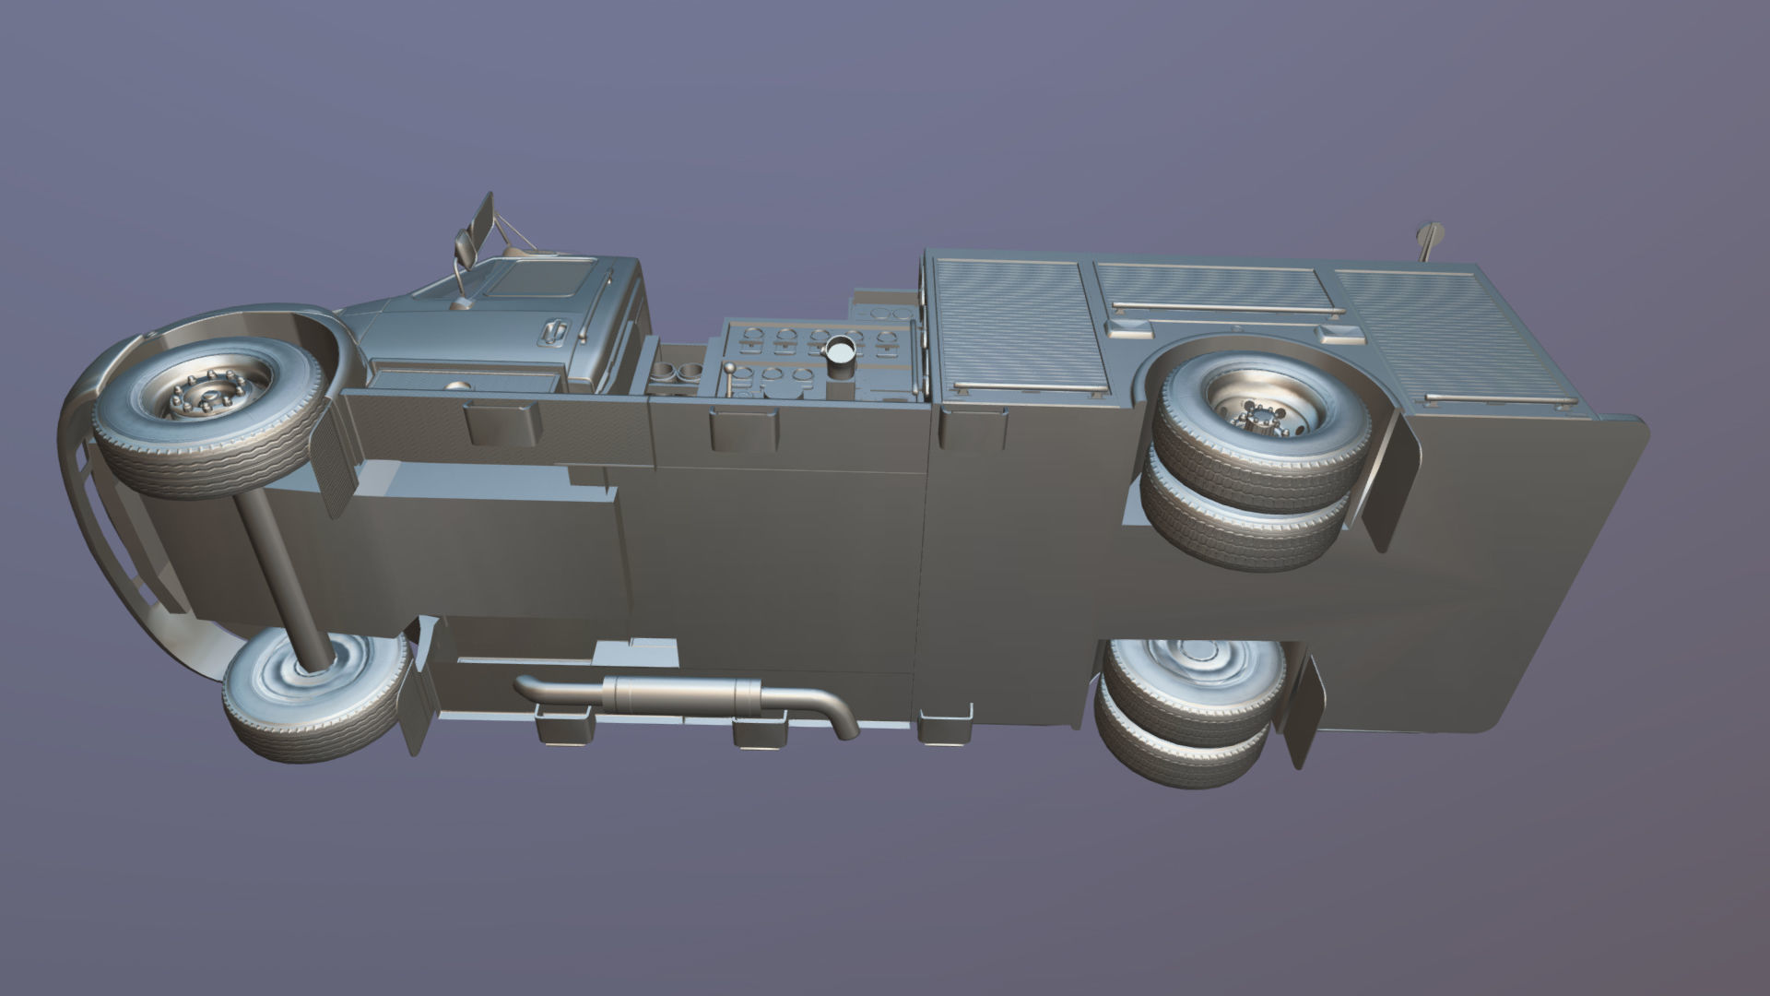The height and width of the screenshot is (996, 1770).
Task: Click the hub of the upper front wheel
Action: pyautogui.click(x=205, y=401)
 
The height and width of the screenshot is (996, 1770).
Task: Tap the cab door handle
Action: pyautogui.click(x=554, y=332)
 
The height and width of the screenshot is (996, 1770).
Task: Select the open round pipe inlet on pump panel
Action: pyautogui.click(x=840, y=351)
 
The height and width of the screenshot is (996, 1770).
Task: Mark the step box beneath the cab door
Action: pyautogui.click(x=501, y=422)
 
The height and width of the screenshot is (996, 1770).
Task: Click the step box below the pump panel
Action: pyautogui.click(x=742, y=430)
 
